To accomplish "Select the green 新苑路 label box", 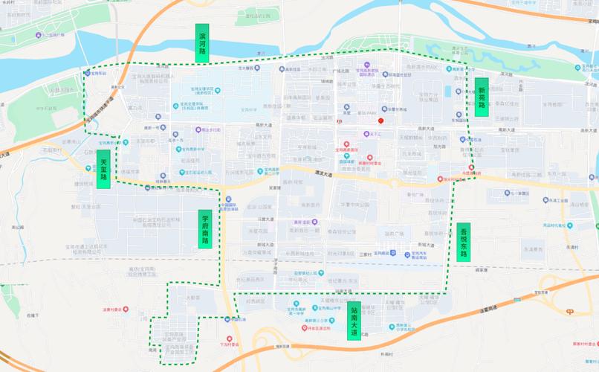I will pyautogui.click(x=482, y=97).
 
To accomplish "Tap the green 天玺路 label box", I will pyautogui.click(x=103, y=169).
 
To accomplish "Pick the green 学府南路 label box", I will pyautogui.click(x=205, y=229).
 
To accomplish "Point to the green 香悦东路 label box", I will pyautogui.click(x=463, y=242).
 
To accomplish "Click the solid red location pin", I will pyautogui.click(x=381, y=121).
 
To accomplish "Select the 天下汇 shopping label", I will pyautogui.click(x=373, y=135).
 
